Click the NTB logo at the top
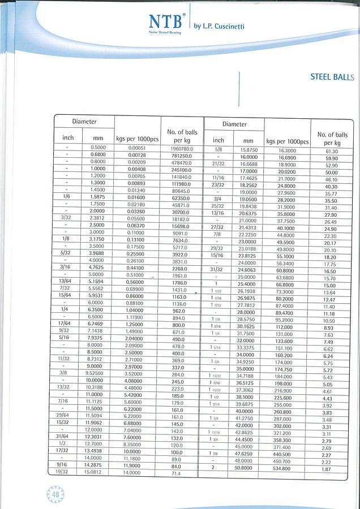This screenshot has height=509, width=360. pos(166,22)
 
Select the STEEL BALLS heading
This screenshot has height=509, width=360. pos(332,77)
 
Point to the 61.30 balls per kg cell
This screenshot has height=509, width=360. pos(331,151)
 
